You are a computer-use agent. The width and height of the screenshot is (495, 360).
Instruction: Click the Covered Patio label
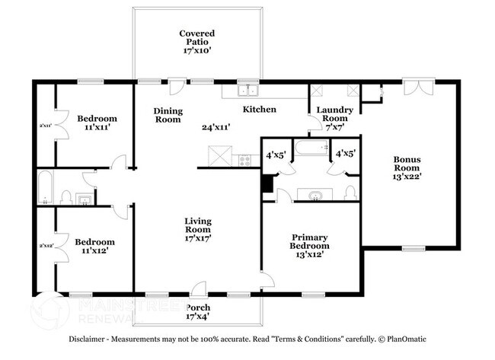[196, 40]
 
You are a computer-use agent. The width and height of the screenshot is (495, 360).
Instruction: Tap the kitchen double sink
[246, 91]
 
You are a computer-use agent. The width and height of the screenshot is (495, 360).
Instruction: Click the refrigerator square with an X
[219, 158]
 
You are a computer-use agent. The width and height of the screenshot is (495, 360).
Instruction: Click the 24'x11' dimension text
[216, 127]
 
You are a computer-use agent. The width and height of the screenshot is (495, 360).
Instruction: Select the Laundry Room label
[335, 114]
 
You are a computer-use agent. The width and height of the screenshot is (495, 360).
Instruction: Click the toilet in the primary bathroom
[350, 192]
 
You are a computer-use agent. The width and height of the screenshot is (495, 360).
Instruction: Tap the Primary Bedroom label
[310, 241]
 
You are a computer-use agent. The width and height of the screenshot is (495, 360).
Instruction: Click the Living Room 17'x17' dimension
[197, 237]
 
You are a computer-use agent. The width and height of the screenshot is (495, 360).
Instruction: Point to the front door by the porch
[198, 289]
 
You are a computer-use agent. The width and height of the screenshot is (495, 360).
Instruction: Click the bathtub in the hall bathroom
[45, 188]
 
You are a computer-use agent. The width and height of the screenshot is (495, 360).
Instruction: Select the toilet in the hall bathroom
[66, 197]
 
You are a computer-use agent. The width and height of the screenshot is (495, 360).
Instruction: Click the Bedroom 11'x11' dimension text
[97, 128]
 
